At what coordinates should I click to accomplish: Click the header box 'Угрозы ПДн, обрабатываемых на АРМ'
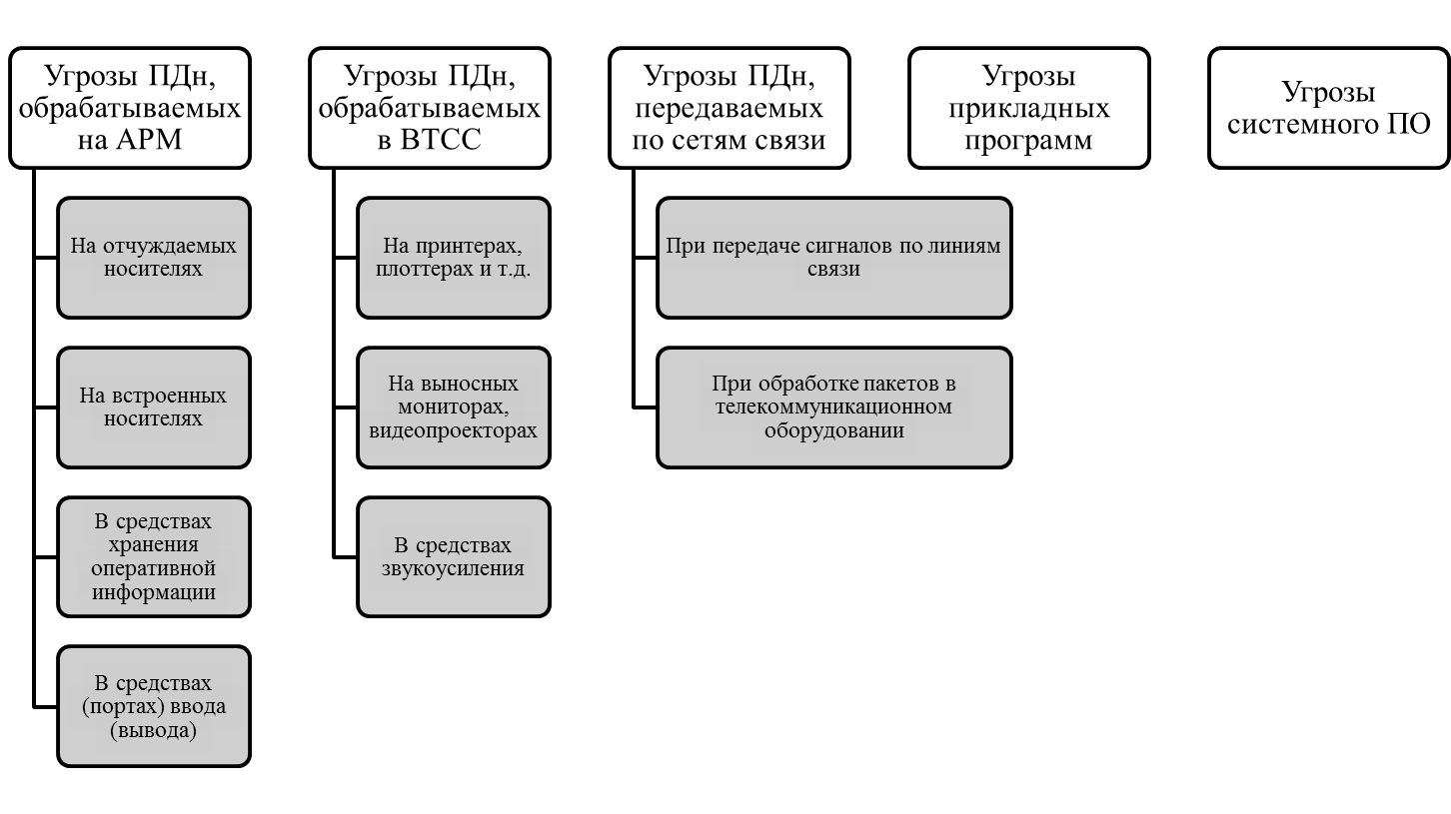coord(130,108)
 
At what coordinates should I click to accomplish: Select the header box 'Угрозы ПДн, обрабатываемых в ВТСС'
coord(430,108)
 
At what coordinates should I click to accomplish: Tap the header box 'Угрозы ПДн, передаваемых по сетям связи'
coord(729,108)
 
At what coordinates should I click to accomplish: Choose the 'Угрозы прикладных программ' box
coord(1029,108)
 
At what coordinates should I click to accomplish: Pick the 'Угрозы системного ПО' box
coord(1328,108)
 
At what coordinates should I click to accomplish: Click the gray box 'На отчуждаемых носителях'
coord(154,258)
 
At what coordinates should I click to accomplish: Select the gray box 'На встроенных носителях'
coord(154,407)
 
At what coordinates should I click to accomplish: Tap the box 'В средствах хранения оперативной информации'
coord(154,557)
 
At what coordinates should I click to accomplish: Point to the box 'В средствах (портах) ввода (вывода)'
coord(154,706)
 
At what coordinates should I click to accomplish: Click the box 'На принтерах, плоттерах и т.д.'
coord(454,258)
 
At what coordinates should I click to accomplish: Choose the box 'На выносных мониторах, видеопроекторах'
coord(454,407)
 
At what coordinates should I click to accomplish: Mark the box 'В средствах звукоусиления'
coord(454,557)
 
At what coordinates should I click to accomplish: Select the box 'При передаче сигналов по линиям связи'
coord(834,258)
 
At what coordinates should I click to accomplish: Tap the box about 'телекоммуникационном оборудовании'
coord(834,407)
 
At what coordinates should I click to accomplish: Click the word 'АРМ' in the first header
coord(149,140)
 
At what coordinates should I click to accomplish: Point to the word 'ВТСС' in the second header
coord(441,140)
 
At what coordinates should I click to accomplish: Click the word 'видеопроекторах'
coord(453,431)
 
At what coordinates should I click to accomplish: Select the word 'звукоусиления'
coord(453,569)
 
